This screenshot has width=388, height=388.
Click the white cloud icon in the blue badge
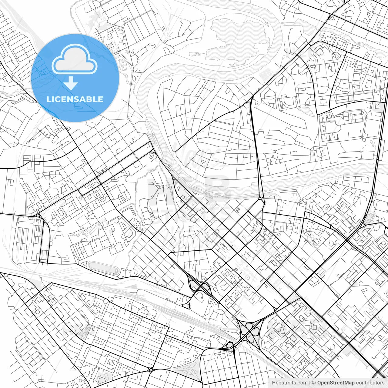pos(75,60)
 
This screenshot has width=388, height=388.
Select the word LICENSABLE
pos(75,99)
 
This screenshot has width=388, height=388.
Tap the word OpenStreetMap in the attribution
pos(336,383)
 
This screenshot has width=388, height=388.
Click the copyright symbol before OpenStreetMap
pos(314,383)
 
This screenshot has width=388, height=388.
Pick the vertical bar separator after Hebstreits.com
pos(309,383)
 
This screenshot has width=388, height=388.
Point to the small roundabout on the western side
pos(38,215)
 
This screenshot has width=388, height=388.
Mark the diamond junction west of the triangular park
pos(150,370)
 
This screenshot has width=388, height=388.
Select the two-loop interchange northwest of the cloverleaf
pos(199,286)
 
